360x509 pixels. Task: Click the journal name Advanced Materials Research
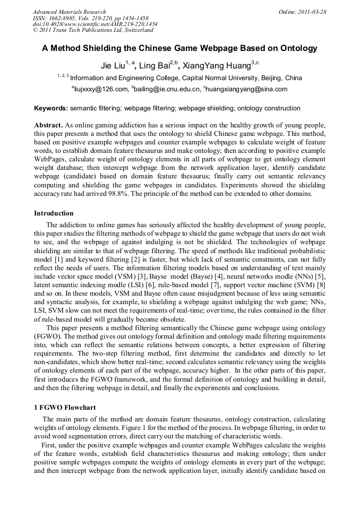tap(69, 12)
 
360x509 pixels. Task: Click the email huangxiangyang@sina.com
tap(247, 89)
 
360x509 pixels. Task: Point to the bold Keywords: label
tap(51, 108)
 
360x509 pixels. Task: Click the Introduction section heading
tap(54, 213)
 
